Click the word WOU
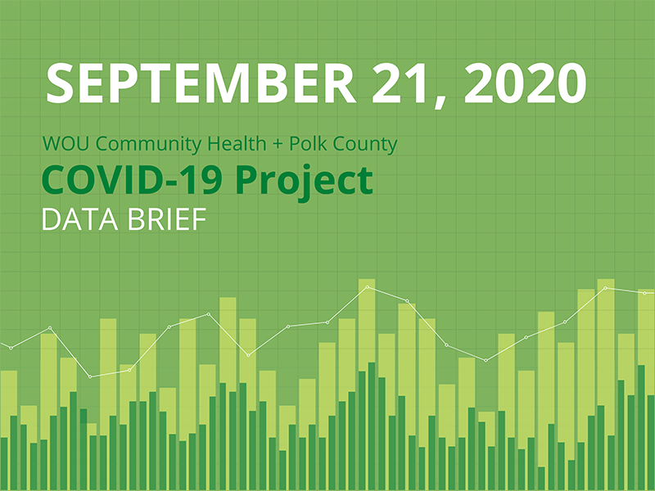coord(63,146)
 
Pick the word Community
coord(134,146)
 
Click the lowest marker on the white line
coord(90,376)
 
